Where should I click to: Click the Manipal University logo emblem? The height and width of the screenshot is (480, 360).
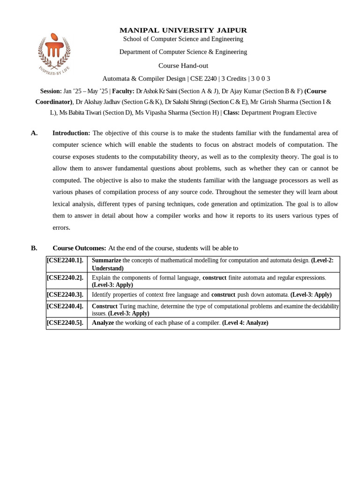tap(54, 52)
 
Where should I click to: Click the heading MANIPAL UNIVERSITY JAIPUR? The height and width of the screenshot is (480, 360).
tap(183, 30)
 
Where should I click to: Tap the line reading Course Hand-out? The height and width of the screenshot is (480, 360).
tap(183, 66)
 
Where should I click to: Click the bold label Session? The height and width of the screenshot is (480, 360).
tap(51, 91)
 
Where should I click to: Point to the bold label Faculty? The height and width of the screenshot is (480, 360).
tap(123, 91)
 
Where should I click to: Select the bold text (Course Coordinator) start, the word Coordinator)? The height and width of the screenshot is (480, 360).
tap(54, 102)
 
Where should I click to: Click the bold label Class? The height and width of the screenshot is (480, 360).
tap(231, 112)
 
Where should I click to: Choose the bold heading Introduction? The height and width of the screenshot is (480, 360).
tap(71, 133)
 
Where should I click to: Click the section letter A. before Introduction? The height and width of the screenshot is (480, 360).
tap(34, 133)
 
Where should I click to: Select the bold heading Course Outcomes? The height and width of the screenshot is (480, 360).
tap(79, 248)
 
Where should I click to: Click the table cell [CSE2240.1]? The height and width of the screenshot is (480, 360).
tap(65, 261)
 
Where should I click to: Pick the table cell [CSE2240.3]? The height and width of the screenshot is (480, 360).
tap(65, 295)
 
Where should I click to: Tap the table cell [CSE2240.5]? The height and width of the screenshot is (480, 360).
tap(65, 323)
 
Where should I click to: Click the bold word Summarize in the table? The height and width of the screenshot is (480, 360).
tap(106, 260)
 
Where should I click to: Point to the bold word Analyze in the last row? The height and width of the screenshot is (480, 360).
tap(103, 323)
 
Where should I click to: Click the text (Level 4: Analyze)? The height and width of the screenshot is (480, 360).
tap(245, 323)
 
